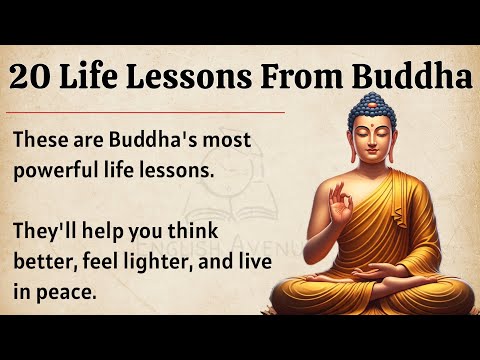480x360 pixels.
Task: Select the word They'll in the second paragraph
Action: coord(46,229)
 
